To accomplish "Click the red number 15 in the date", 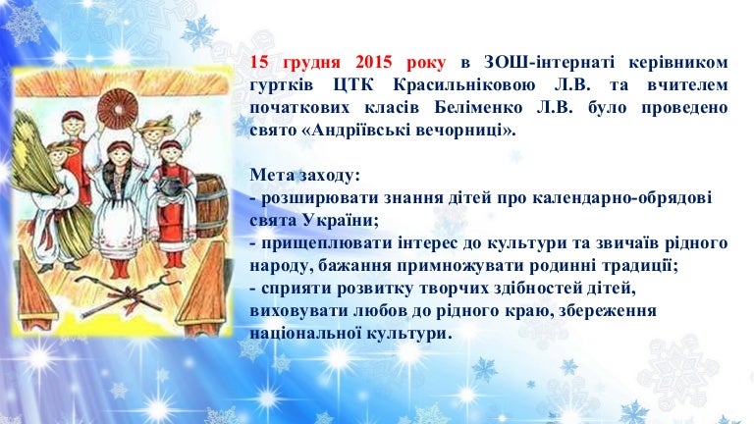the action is pos(259,63).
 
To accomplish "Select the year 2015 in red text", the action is pos(374,63).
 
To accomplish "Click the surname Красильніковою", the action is pos(464,85).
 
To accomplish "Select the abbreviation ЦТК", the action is pos(353,85).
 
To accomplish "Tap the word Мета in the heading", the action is pos(272,175).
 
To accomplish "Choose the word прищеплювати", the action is pos(327,243).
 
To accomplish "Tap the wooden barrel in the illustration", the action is pos(212,207).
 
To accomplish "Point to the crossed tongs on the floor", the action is pos(126,292).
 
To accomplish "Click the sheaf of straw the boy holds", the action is pos(46,183).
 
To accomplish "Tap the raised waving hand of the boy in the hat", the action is pos(194,117).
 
